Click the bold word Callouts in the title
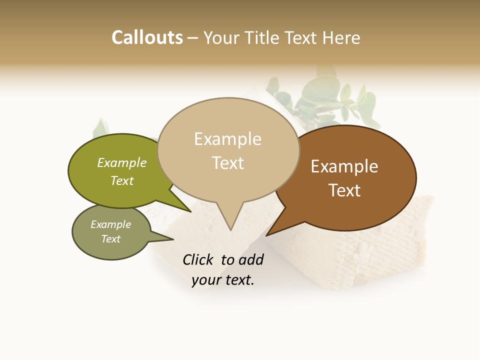(x=147, y=37)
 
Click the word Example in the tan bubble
(x=227, y=139)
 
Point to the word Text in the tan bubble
(x=228, y=162)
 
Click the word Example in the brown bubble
(x=344, y=166)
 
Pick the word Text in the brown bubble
(x=344, y=190)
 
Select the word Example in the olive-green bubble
(x=122, y=163)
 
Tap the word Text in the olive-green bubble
(x=122, y=180)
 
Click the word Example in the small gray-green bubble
(x=111, y=224)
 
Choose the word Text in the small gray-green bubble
(x=111, y=239)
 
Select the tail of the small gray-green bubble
(x=167, y=239)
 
